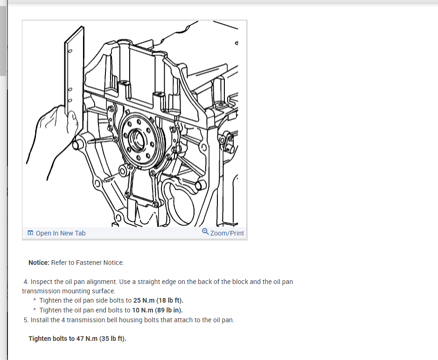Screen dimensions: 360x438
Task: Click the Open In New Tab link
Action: (x=60, y=233)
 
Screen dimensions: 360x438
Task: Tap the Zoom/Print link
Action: (x=227, y=233)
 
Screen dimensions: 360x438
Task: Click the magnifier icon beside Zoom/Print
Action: (x=205, y=232)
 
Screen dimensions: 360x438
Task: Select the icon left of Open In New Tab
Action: (x=30, y=233)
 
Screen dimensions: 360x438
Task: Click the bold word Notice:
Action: (x=39, y=263)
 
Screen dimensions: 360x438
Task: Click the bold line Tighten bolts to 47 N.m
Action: (x=77, y=338)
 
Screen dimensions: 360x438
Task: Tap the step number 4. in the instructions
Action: (x=26, y=282)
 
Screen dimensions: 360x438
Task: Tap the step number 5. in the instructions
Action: (x=26, y=320)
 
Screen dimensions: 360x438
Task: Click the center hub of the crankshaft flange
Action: (x=138, y=138)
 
